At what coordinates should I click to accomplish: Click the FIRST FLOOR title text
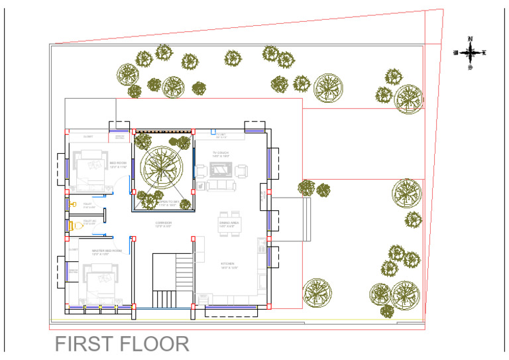pyautogui.click(x=121, y=344)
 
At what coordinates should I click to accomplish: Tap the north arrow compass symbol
pyautogui.click(x=470, y=52)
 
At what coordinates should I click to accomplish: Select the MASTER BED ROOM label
pyautogui.click(x=106, y=251)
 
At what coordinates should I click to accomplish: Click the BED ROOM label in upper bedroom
pyautogui.click(x=118, y=164)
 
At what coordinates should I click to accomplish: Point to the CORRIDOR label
pyautogui.click(x=163, y=224)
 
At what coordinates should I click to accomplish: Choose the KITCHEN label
pyautogui.click(x=229, y=265)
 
